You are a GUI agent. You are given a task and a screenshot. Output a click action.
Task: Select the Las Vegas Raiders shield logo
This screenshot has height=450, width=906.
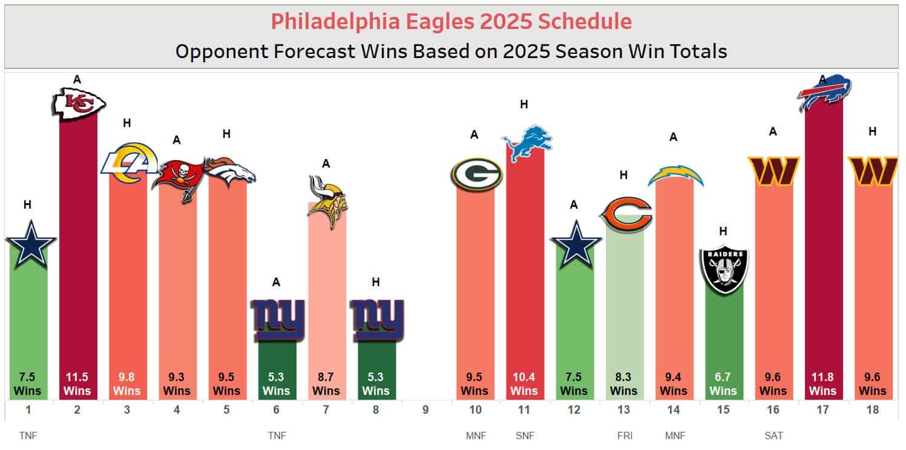point(723,270)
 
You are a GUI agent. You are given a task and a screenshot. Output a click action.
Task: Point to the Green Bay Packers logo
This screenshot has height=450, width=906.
point(475,174)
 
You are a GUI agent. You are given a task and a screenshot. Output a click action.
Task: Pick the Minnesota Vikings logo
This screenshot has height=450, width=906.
point(327,201)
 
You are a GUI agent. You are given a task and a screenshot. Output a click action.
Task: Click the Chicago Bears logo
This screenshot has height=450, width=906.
point(625,214)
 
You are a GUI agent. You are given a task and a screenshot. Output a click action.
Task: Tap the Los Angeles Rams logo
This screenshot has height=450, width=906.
point(126,167)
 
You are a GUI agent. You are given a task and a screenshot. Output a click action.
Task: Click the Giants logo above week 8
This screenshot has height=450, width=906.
point(377,319)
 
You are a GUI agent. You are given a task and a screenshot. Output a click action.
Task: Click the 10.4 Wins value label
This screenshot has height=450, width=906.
point(524,383)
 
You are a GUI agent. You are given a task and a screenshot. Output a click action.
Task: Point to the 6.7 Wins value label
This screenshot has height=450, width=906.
point(723,383)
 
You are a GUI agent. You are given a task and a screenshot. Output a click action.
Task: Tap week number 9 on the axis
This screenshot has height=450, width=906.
point(425,410)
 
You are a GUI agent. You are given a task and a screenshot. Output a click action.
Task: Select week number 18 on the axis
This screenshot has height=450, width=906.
point(872,410)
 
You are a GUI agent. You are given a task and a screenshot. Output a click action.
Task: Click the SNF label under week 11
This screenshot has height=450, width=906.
point(524,435)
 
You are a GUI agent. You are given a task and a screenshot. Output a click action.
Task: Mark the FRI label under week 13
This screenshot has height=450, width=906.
point(623,435)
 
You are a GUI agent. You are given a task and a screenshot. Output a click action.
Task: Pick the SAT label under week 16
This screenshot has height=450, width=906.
point(773,435)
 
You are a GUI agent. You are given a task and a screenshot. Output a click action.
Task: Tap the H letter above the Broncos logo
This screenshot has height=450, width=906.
point(226,134)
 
